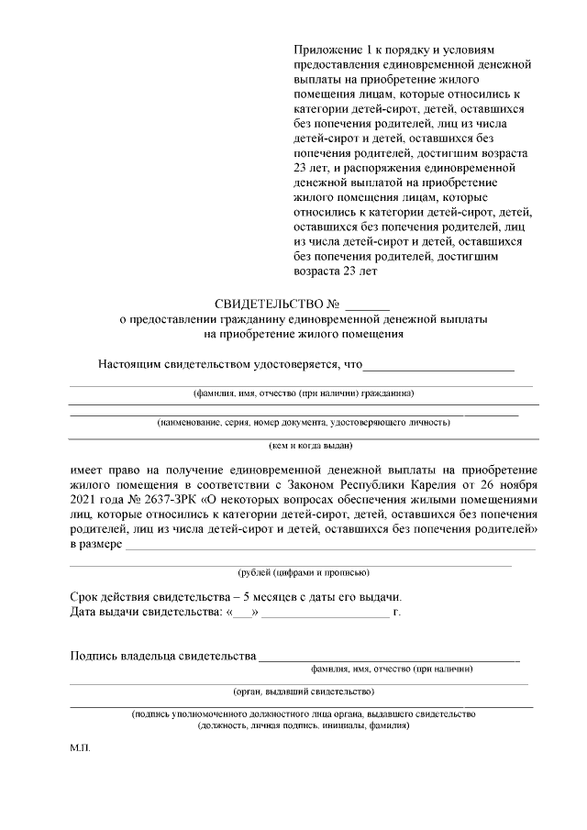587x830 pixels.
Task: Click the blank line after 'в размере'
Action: pos(330,548)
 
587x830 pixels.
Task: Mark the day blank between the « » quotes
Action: pos(243,612)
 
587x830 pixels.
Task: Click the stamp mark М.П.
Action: pos(80,747)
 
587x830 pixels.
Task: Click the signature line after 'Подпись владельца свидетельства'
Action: pos(389,657)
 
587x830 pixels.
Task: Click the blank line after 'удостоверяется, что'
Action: pos(438,367)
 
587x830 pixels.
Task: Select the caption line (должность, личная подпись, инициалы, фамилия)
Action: pos(303,725)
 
